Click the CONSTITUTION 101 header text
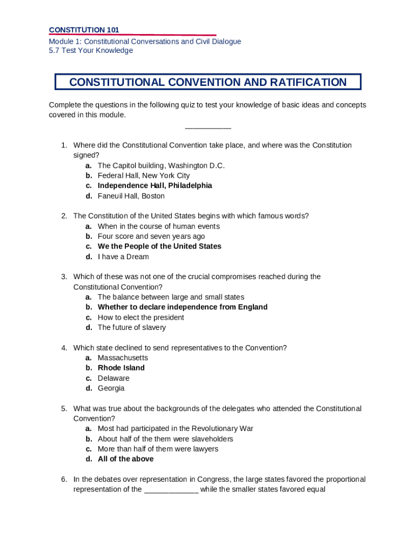[x=84, y=30]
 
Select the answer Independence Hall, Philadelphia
[x=155, y=186]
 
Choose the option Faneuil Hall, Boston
[x=131, y=196]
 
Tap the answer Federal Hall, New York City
[x=143, y=176]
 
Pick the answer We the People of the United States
[x=159, y=246]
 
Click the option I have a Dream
[x=123, y=257]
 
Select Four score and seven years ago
[x=151, y=236]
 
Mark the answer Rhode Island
[x=121, y=368]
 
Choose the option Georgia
[x=111, y=388]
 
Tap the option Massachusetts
[x=123, y=358]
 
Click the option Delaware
[x=113, y=378]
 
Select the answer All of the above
[x=125, y=459]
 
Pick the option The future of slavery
[x=131, y=327]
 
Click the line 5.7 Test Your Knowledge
[x=91, y=51]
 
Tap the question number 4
[x=64, y=348]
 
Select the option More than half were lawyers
[x=158, y=449]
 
